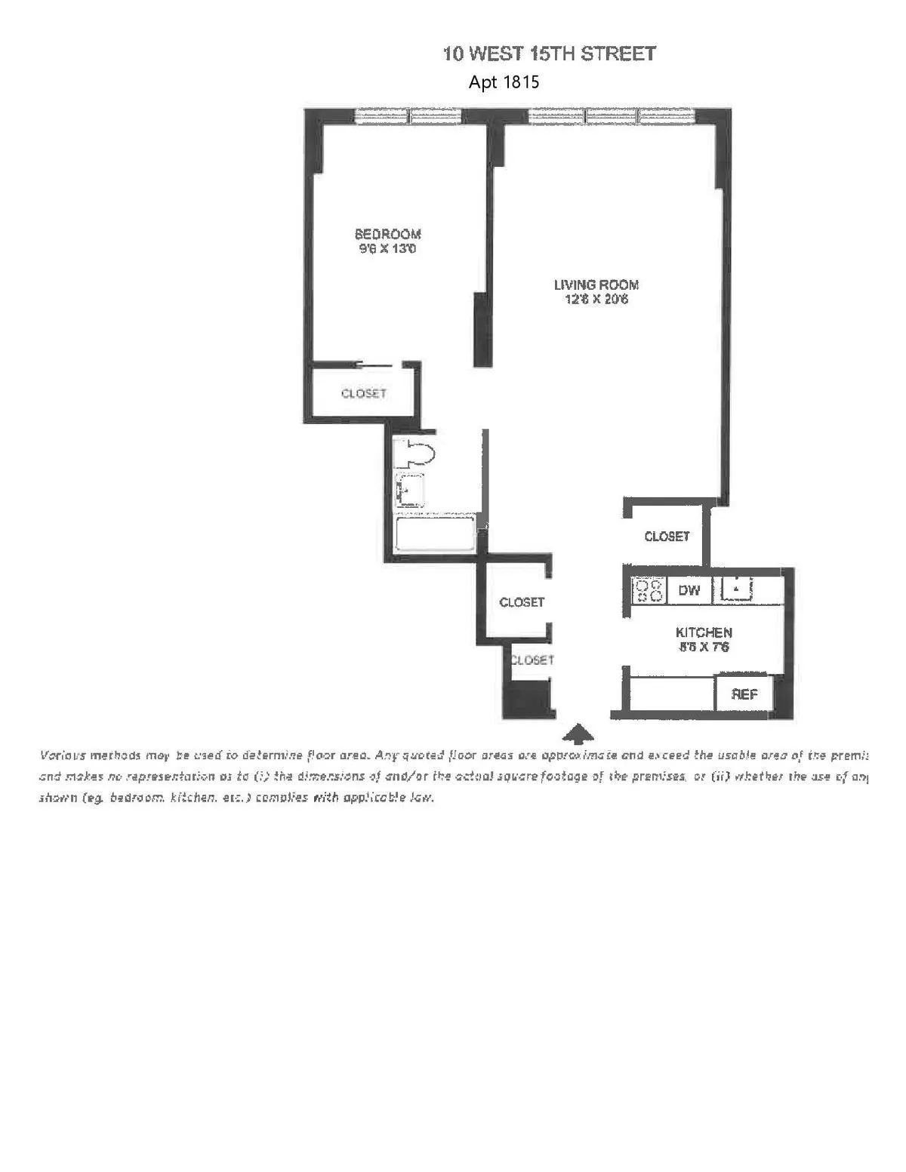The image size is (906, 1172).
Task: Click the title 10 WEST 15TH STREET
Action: (x=549, y=54)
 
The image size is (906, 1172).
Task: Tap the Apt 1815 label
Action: (x=504, y=82)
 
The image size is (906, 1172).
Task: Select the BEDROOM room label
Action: (x=387, y=234)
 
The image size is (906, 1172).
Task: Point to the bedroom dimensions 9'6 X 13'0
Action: (x=387, y=248)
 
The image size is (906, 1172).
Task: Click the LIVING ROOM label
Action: (x=596, y=285)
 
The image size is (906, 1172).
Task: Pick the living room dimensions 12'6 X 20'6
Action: (x=596, y=300)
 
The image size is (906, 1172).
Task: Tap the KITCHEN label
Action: (x=703, y=632)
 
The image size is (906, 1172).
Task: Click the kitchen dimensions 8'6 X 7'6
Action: (x=703, y=648)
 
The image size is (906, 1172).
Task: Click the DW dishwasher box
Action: (x=689, y=590)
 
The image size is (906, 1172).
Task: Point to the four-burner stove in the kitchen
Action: (x=649, y=590)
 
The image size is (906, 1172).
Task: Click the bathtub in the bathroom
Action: (x=435, y=534)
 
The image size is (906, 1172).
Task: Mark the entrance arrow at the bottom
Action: (x=578, y=733)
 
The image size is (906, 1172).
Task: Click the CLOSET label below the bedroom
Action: (x=363, y=393)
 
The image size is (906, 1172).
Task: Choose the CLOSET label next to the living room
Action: (x=667, y=537)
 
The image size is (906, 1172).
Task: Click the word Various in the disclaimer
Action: (x=63, y=755)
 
